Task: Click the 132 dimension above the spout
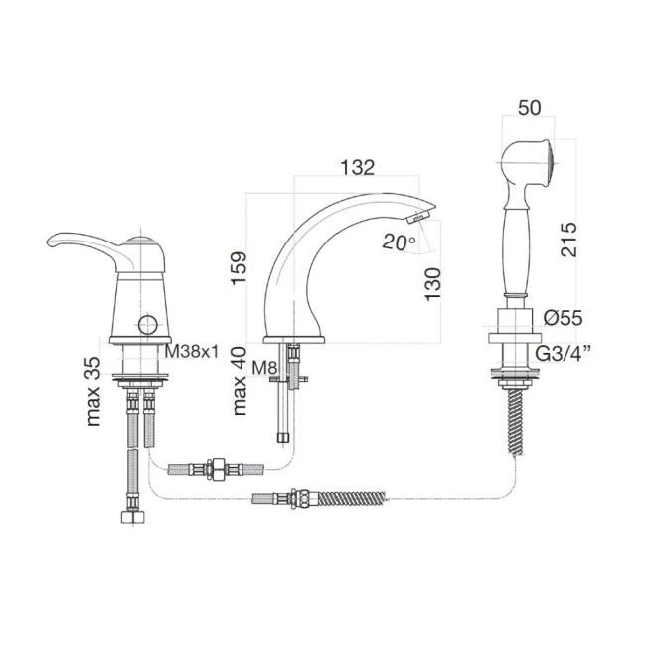[358, 167]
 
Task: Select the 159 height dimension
[239, 268]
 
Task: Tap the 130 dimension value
[432, 284]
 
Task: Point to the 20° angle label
[400, 242]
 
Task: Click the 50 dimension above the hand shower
[530, 108]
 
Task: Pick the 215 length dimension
[568, 240]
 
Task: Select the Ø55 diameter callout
[563, 318]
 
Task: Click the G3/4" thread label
[565, 354]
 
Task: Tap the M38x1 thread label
[192, 352]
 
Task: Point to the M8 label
[264, 368]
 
